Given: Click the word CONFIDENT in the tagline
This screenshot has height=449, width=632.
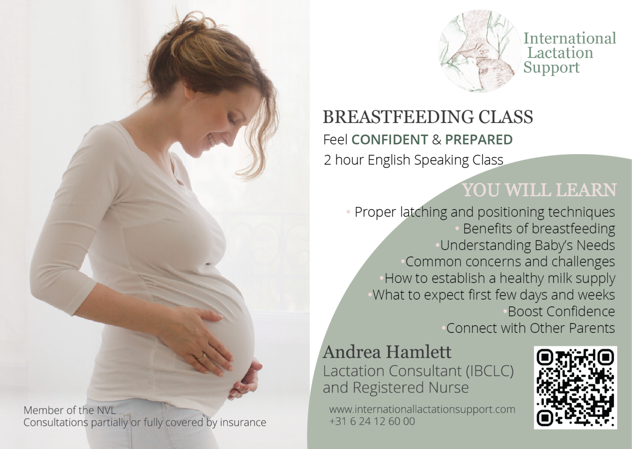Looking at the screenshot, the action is [x=390, y=140].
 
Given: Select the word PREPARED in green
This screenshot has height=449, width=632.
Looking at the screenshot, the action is [x=479, y=140].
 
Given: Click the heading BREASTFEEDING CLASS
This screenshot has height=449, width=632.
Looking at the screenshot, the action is [x=428, y=117].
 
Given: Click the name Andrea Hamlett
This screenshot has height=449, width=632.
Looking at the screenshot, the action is [x=387, y=353].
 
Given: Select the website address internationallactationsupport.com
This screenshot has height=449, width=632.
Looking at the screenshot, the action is [x=422, y=409].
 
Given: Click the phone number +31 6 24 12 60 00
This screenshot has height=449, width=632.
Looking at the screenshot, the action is [x=372, y=421].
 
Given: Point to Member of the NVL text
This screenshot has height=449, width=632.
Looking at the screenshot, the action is [x=69, y=410].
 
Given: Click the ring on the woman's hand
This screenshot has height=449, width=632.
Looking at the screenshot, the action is [x=202, y=357].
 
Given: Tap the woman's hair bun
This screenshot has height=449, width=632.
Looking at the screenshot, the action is [x=195, y=28].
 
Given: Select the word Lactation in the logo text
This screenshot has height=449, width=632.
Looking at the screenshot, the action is [x=560, y=53].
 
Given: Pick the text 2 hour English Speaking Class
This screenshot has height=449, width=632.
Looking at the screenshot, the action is [x=414, y=160].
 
